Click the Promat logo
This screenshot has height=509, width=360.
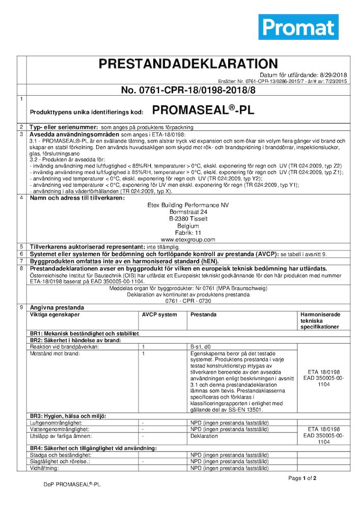click(298, 27)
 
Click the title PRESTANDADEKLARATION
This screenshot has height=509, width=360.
click(188, 64)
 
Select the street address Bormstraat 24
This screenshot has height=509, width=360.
click(188, 212)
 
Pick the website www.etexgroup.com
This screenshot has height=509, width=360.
click(188, 239)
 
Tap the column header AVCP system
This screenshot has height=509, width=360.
click(159, 315)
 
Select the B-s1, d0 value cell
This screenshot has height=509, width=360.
click(202, 347)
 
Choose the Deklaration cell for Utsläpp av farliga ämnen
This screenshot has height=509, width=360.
click(204, 436)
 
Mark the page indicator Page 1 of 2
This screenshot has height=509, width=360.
click(302, 478)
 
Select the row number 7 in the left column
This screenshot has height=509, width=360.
click(21, 261)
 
